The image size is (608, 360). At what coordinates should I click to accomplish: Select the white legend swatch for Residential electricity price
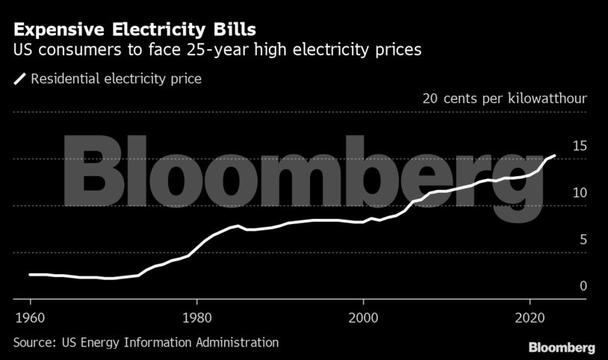point(19,78)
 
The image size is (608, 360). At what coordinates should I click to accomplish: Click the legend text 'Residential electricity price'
point(116,78)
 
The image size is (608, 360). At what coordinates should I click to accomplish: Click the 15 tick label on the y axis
point(580,146)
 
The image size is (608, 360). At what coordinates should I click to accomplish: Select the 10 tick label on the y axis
point(580,193)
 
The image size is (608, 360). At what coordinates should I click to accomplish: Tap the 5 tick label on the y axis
point(583,240)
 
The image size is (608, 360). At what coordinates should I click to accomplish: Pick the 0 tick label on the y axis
point(583,286)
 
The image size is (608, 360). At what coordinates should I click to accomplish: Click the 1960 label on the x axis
point(29,315)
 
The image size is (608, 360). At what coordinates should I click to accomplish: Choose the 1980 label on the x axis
point(196,315)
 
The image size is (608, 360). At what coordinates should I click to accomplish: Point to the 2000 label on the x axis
point(363,315)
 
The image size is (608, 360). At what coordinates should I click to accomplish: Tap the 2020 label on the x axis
point(530,315)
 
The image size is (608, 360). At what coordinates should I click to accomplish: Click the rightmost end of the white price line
point(555,155)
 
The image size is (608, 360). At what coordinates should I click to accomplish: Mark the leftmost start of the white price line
point(30,275)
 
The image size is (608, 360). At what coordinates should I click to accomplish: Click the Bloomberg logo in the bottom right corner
point(562,347)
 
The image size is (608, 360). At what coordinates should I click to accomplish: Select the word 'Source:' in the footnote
point(34,342)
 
